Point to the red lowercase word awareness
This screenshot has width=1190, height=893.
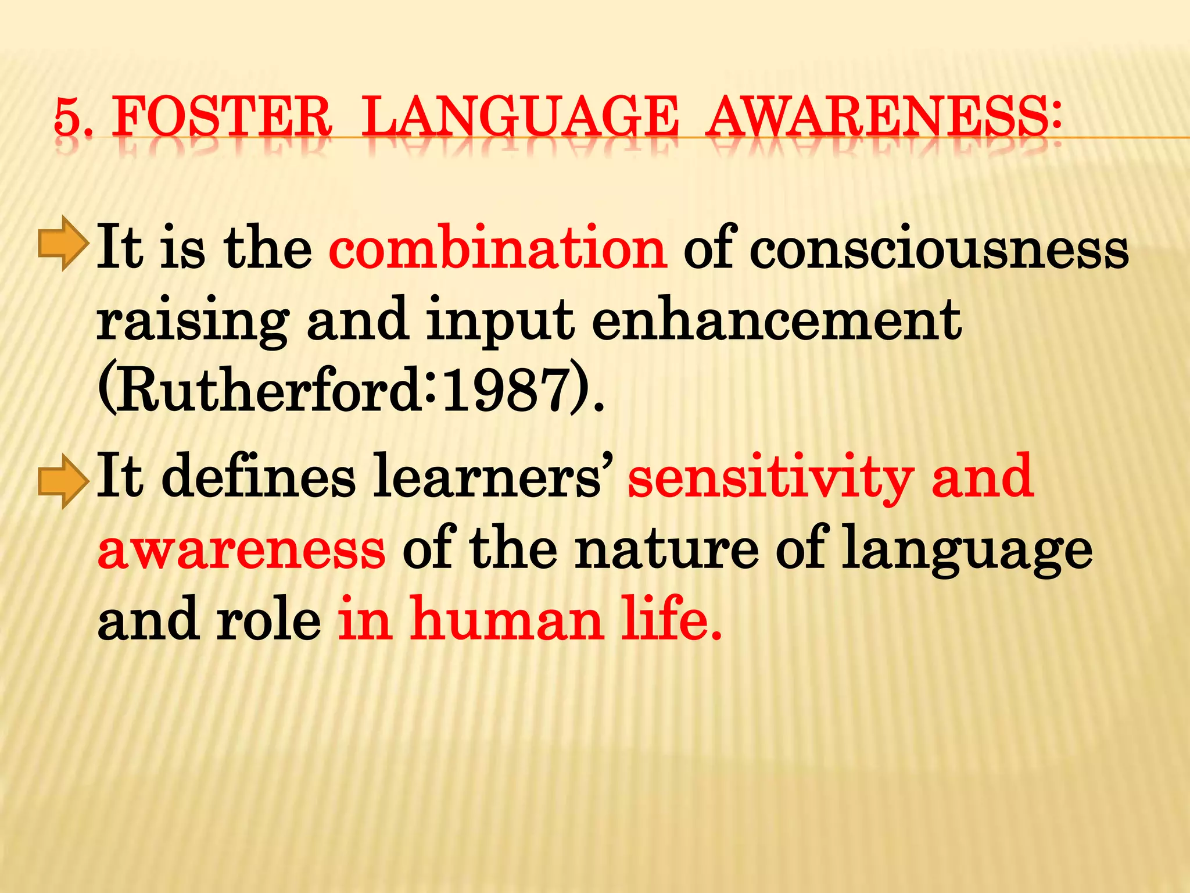tap(241, 549)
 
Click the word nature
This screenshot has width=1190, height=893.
tap(666, 549)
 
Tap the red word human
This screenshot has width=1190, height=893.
tap(507, 620)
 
